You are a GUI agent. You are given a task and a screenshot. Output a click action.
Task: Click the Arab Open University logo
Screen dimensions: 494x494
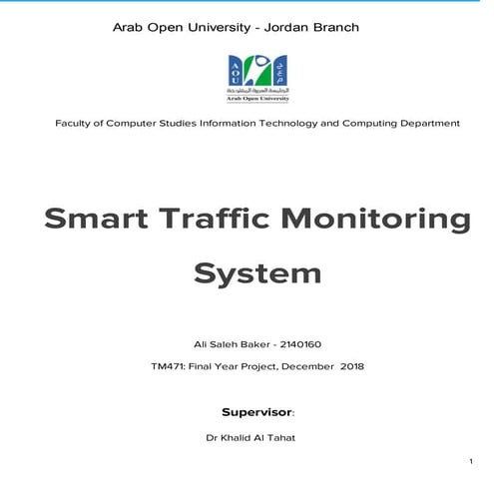[x=258, y=78]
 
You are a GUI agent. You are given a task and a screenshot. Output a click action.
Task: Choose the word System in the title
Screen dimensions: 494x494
[x=257, y=273]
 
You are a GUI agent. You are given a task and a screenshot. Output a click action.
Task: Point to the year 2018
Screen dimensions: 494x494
[x=352, y=366]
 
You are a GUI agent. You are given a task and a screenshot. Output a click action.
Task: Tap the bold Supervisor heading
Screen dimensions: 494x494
[x=256, y=410]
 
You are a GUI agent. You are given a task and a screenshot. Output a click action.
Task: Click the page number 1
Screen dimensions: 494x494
[x=469, y=461]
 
